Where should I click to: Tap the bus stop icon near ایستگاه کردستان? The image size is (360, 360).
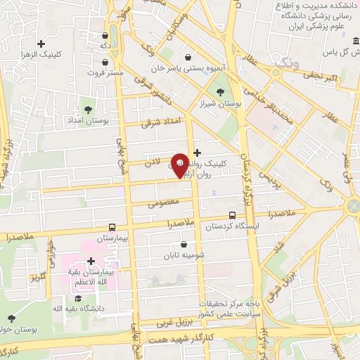click(x=233, y=215)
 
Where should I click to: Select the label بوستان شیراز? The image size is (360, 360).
click(x=219, y=103)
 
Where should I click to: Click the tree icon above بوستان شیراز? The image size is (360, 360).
click(x=220, y=91)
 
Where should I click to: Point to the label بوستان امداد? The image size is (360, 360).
click(x=89, y=121)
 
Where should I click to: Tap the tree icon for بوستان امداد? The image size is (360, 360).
click(x=88, y=109)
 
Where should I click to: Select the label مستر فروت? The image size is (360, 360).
click(x=105, y=72)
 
